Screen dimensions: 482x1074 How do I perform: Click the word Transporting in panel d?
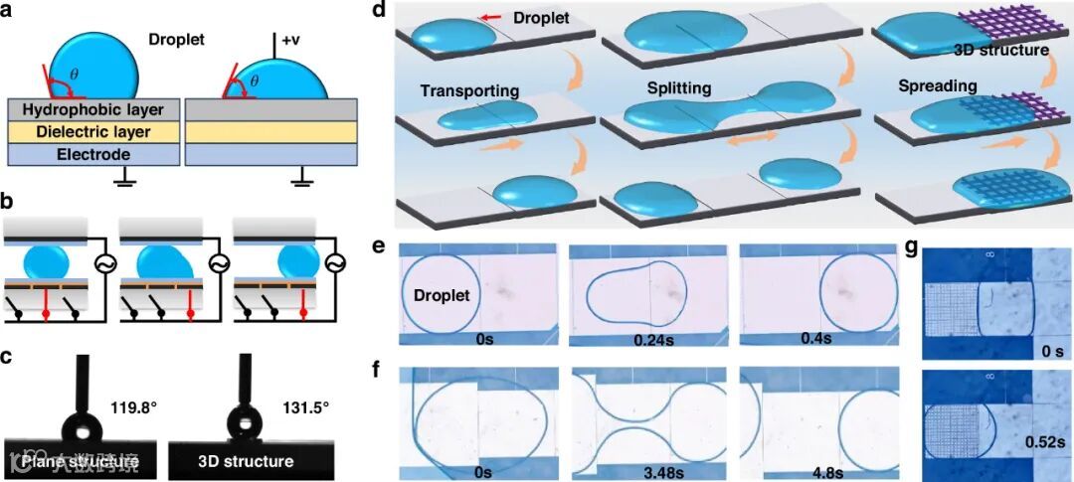(469, 91)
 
